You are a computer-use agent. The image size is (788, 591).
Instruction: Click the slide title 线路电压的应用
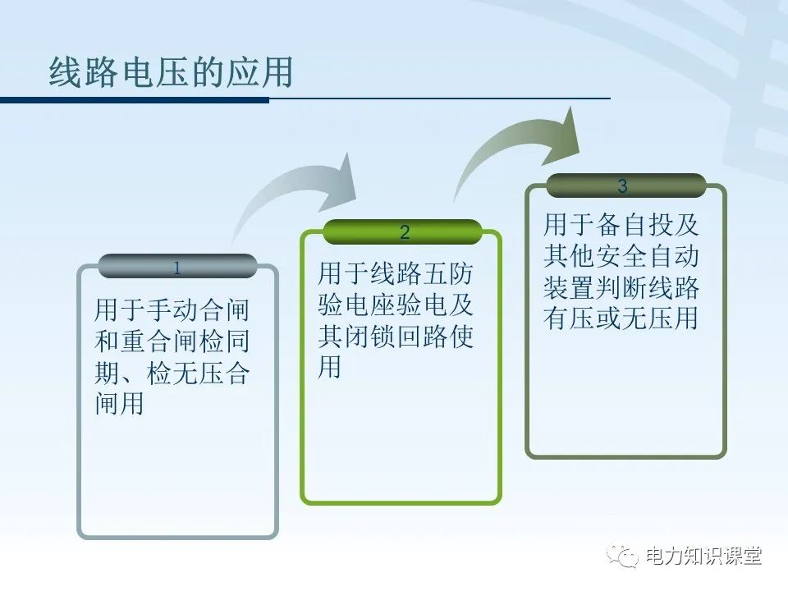tap(171, 73)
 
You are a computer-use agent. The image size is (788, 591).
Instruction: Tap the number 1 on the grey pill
tap(177, 268)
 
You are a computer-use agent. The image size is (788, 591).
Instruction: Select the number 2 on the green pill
tap(404, 233)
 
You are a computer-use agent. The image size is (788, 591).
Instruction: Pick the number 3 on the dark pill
tap(622, 186)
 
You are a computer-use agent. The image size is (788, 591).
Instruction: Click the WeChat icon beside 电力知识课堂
tap(624, 556)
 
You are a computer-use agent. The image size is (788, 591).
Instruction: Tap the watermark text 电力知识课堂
tap(704, 556)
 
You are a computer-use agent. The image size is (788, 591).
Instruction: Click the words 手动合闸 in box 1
tap(198, 310)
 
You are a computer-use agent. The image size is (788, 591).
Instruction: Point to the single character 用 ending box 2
tap(330, 368)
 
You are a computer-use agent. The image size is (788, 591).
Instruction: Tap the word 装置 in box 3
tap(569, 288)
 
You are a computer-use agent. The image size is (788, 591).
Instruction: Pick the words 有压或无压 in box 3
tap(607, 318)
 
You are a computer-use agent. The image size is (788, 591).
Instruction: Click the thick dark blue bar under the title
tap(135, 100)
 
